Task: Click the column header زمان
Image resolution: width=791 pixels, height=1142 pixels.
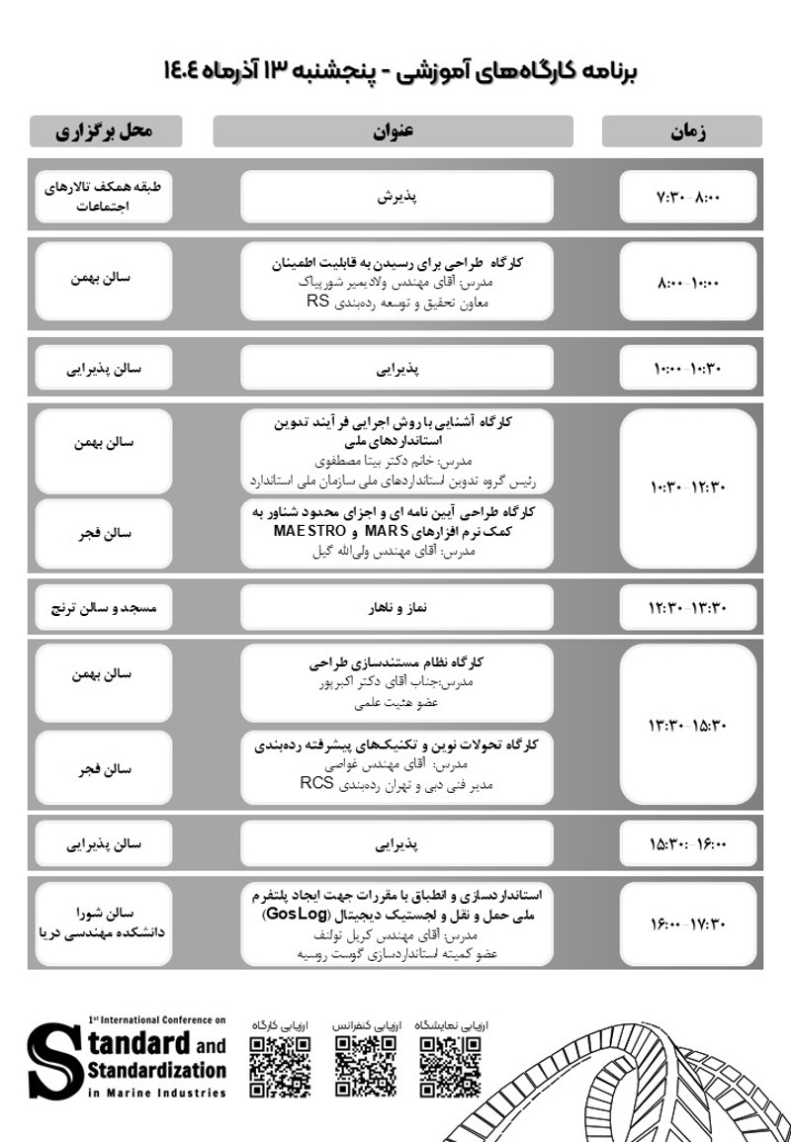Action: [681, 132]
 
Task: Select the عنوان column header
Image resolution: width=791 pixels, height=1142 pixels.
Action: [393, 132]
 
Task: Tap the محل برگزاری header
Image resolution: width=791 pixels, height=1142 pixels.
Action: [106, 132]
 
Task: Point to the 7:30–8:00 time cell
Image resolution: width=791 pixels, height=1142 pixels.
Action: [688, 197]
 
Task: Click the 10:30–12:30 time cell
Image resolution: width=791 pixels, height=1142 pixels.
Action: [688, 486]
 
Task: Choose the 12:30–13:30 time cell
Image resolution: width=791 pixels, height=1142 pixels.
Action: [688, 606]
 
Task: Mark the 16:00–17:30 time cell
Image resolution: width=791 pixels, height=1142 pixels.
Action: [688, 924]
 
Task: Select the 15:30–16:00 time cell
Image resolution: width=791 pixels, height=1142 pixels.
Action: [688, 844]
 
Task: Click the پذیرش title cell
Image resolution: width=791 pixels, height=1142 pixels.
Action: [396, 197]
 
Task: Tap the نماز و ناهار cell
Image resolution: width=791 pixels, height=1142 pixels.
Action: [396, 606]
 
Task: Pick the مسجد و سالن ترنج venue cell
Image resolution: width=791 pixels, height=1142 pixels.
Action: [105, 606]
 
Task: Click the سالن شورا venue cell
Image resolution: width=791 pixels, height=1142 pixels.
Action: [105, 922]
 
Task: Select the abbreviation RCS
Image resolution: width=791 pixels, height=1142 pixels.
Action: [314, 785]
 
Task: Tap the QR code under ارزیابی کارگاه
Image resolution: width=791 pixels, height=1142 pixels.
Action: [280, 1067]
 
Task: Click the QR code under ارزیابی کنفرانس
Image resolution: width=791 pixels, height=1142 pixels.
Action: [365, 1067]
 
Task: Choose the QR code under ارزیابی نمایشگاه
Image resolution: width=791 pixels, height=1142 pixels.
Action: [450, 1067]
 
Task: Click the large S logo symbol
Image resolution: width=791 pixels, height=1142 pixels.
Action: [55, 1061]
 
